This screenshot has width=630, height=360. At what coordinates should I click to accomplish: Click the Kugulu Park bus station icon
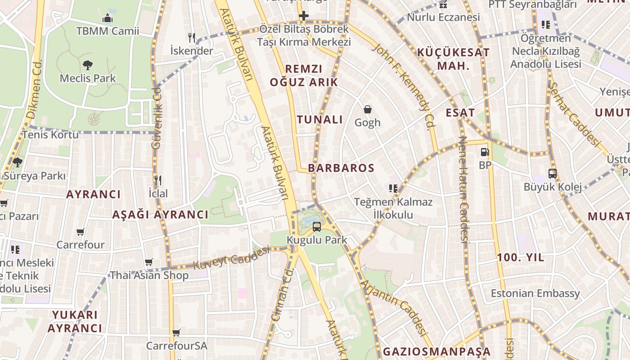317,226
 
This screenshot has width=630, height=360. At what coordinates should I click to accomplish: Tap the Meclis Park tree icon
88,65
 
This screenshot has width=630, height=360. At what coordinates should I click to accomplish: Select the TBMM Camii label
108,31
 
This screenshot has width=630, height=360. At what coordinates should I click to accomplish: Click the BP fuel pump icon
485,153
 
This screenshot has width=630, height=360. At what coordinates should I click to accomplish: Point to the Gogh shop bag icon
368,109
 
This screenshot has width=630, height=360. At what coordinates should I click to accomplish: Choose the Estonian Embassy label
535,293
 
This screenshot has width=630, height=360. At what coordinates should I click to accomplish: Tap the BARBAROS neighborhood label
341,168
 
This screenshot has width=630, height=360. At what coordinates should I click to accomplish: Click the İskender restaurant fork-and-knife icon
192,38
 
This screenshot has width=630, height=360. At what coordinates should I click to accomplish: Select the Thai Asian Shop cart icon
149,262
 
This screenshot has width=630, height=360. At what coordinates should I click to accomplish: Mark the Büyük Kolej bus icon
553,173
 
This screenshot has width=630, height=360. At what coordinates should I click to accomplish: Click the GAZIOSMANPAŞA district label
436,351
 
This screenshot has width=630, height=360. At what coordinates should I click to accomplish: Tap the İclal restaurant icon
158,181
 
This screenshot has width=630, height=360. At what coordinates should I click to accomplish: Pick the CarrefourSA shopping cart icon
176,333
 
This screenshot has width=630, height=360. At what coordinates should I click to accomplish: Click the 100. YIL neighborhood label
521,258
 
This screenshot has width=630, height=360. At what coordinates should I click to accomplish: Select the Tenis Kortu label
50,135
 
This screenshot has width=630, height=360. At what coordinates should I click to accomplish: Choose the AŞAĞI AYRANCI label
160,215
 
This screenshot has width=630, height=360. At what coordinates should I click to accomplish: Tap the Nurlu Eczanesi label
443,18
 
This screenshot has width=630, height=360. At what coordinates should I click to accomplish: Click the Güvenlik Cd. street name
157,118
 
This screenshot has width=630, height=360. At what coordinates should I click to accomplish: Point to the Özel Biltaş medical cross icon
304,17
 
